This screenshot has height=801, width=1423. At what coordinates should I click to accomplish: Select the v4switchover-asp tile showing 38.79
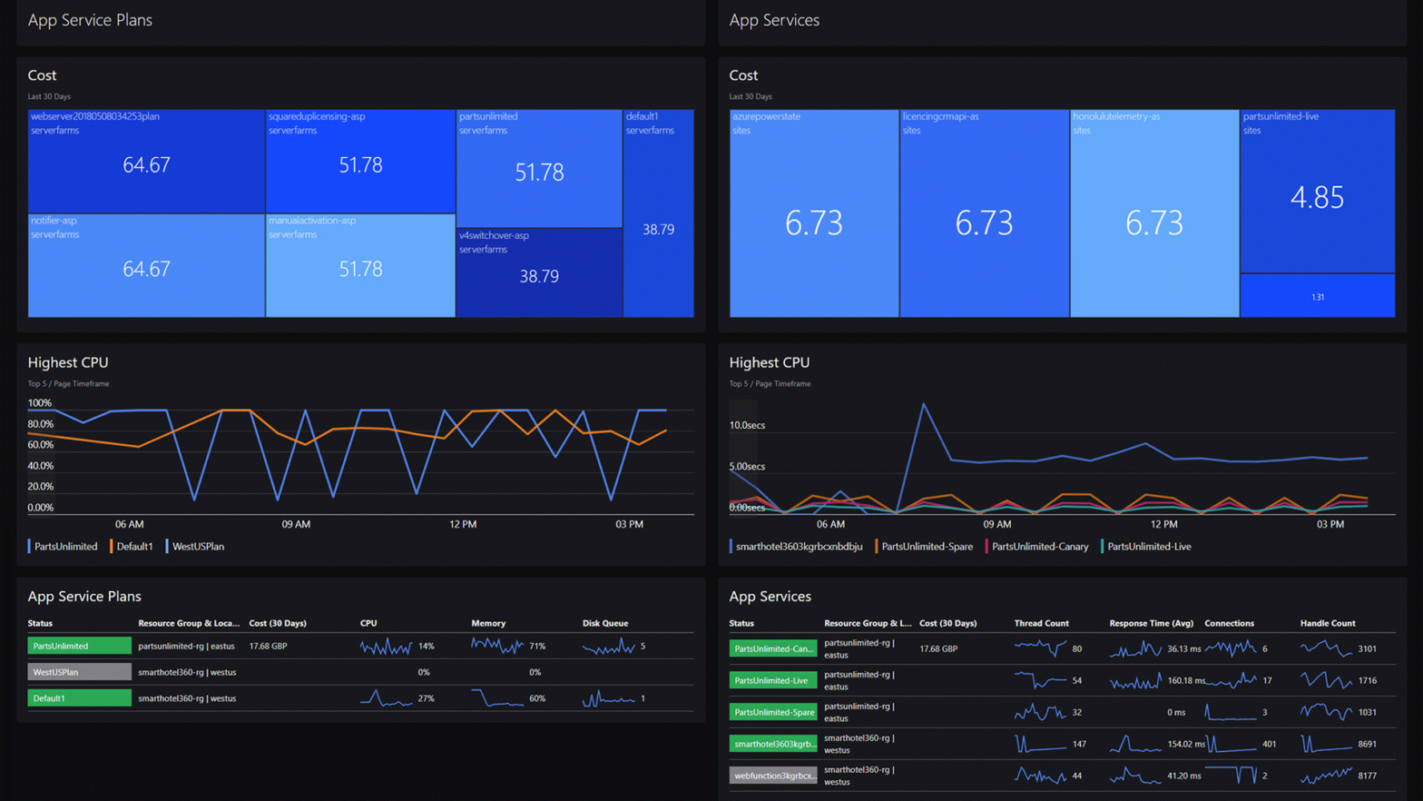(539, 272)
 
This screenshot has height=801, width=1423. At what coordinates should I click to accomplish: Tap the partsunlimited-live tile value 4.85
(1317, 197)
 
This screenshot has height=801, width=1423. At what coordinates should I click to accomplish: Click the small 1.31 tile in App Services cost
(1317, 297)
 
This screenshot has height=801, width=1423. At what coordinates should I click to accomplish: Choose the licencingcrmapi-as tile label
(940, 116)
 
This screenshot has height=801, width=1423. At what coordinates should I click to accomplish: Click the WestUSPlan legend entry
(197, 547)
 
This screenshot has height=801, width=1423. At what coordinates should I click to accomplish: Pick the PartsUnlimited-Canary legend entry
(1039, 547)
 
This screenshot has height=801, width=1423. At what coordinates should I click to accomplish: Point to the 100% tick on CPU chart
(40, 403)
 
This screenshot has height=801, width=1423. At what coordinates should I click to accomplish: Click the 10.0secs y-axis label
(747, 425)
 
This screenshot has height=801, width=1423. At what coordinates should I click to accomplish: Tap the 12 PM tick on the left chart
(463, 524)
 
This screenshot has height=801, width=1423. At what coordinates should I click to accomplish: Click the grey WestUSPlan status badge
(79, 672)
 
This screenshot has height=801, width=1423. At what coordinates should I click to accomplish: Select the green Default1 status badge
(79, 698)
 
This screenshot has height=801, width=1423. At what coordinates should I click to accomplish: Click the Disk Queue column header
(604, 623)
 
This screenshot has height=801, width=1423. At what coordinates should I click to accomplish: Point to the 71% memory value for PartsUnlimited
(537, 647)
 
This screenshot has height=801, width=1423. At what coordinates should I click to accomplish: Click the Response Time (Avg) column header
(1151, 623)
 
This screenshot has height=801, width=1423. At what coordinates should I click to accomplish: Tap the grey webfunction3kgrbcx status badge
(773, 776)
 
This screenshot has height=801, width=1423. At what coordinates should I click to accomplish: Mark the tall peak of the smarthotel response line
(924, 404)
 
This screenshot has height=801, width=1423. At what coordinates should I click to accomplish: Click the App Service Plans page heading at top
(90, 20)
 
